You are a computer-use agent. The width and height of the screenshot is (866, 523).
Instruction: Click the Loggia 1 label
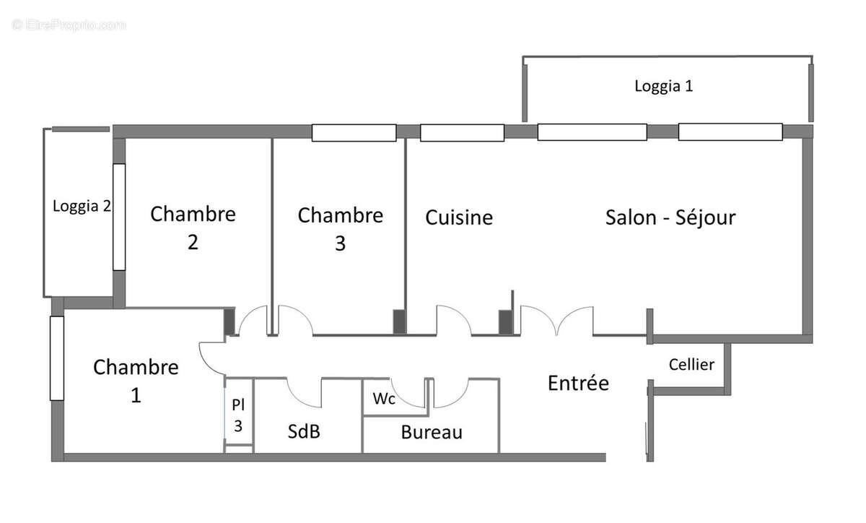663,86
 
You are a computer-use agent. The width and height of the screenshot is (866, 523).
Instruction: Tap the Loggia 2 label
82,206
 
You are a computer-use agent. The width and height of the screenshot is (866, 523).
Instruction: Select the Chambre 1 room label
136,381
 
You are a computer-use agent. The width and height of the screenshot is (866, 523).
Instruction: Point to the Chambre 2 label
193,228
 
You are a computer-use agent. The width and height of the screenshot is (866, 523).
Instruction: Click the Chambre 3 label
340,229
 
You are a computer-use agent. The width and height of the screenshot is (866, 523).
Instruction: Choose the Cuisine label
459,217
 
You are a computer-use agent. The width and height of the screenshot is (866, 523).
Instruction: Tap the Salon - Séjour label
670,217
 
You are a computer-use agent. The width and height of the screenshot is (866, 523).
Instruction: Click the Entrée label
578,383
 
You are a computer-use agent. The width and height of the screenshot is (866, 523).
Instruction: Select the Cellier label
691,364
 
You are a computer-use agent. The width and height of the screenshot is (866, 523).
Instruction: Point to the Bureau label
432,433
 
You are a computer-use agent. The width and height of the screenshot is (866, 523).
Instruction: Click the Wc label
383,399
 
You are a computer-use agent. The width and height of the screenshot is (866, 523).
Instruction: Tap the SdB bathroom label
304,432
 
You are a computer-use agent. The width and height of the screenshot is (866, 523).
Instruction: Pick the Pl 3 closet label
238,415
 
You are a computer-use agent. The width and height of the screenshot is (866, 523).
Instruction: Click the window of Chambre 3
354,133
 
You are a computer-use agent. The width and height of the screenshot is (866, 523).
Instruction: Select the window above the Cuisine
462,133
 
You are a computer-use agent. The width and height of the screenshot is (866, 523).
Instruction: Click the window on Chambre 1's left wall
56,358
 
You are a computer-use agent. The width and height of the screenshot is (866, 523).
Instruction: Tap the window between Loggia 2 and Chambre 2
119,217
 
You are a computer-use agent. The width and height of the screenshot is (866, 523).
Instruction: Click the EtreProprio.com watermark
69,25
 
